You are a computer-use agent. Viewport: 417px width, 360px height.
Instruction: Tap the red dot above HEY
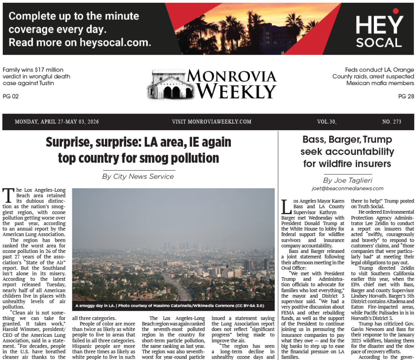click(395, 11)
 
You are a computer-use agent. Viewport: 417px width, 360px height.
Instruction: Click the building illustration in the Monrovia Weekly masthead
click(166, 85)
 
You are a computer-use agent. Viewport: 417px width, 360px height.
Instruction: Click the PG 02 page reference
click(11, 96)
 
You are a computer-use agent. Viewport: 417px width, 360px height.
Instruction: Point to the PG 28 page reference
click(406, 96)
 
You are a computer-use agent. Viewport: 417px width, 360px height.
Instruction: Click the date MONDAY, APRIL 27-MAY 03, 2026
click(57, 122)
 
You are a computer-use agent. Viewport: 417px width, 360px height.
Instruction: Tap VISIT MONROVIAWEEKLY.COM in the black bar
click(212, 122)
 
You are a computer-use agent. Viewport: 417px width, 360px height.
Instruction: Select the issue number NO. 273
click(391, 122)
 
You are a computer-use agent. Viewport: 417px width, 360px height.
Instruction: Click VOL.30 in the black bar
click(326, 122)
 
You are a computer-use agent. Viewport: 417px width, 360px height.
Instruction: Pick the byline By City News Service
click(138, 176)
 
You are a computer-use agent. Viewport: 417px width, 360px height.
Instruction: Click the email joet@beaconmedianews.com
click(347, 189)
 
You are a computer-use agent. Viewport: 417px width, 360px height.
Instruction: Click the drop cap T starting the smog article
click(8, 195)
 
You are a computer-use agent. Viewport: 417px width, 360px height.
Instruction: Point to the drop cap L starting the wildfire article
click(286, 206)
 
